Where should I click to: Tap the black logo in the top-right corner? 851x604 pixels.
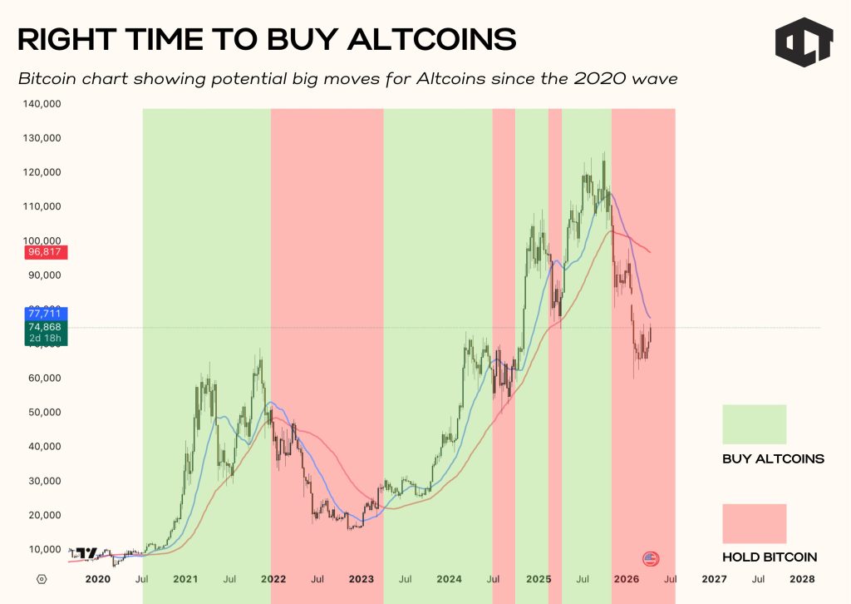pyautogui.click(x=803, y=42)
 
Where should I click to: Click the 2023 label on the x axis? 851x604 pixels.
pyautogui.click(x=362, y=578)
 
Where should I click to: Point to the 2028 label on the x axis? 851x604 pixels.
pyautogui.click(x=802, y=578)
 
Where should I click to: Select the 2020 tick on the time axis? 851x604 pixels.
pyautogui.click(x=98, y=578)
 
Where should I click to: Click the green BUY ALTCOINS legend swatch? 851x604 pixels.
pyautogui.click(x=754, y=424)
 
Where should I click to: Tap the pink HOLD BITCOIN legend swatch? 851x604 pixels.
pyautogui.click(x=754, y=523)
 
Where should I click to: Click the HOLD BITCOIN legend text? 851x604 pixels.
pyautogui.click(x=770, y=557)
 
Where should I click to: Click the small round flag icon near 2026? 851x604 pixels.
pyautogui.click(x=651, y=558)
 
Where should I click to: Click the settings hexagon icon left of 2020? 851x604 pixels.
pyautogui.click(x=42, y=578)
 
